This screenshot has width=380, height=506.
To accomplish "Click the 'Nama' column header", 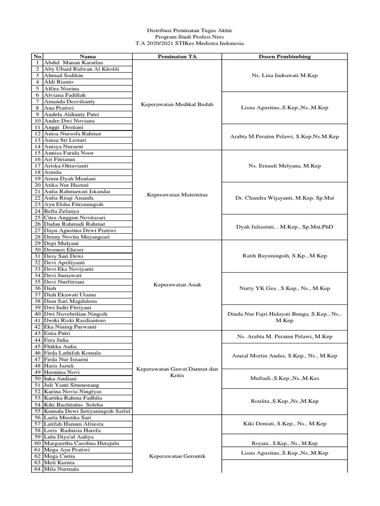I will pyautogui.click(x=88, y=57).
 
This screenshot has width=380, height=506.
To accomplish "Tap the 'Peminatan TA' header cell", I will pyautogui.click(x=177, y=57).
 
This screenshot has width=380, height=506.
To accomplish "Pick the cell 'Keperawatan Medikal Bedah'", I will pyautogui.click(x=177, y=105).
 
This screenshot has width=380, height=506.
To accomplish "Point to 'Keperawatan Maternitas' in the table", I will pyautogui.click(x=177, y=195).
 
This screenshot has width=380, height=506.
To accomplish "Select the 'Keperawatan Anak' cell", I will pyautogui.click(x=177, y=285).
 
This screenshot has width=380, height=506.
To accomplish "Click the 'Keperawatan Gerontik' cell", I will pyautogui.click(x=177, y=457).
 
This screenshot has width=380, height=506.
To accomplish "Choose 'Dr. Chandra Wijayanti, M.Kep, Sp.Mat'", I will pyautogui.click(x=285, y=198).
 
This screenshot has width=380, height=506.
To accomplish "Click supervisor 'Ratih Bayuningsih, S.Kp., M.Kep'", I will pyautogui.click(x=285, y=256).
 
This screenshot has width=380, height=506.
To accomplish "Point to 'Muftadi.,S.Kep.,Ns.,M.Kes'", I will pyautogui.click(x=285, y=378).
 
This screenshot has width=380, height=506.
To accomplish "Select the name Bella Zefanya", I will pyautogui.click(x=61, y=211).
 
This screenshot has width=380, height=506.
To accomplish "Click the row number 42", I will pyautogui.click(x=37, y=327).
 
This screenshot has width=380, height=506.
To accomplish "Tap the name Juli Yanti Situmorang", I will pyautogui.click(x=72, y=385).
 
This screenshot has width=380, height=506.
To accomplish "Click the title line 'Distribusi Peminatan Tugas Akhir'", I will pyautogui.click(x=190, y=30).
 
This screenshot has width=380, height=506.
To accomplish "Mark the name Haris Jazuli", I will pyautogui.click(x=59, y=366).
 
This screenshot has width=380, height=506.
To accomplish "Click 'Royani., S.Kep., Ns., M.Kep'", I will pyautogui.click(x=285, y=443).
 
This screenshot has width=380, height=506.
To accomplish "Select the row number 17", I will pyautogui.click(x=37, y=166).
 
